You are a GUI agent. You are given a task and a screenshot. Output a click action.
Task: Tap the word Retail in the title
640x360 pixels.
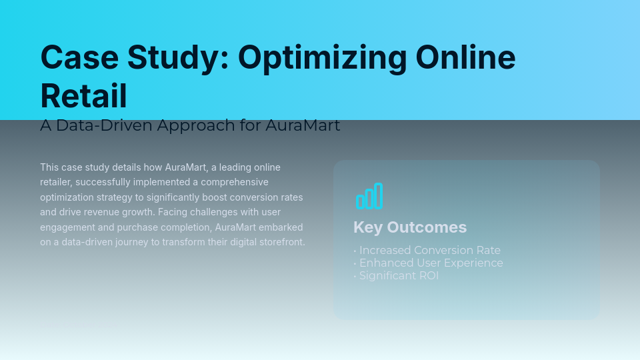pos(83,96)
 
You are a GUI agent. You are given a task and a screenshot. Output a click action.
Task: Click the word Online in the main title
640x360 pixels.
pos(465,57)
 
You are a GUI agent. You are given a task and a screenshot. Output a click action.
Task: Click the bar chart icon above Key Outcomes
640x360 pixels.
pos(369,196)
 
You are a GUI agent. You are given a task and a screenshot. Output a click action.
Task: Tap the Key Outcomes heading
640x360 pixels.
pos(410,227)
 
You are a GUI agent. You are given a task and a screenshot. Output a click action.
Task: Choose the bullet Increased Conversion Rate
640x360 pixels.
pos(429,251)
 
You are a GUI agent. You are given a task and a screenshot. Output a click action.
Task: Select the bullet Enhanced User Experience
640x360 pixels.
pos(431,263)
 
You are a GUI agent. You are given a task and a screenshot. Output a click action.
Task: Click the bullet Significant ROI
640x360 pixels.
pos(399,275)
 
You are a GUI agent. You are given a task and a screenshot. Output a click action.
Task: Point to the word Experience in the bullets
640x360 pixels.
pos(475,263)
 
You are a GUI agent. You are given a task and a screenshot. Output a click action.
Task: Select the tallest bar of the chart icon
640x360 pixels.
pos(379,195)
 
